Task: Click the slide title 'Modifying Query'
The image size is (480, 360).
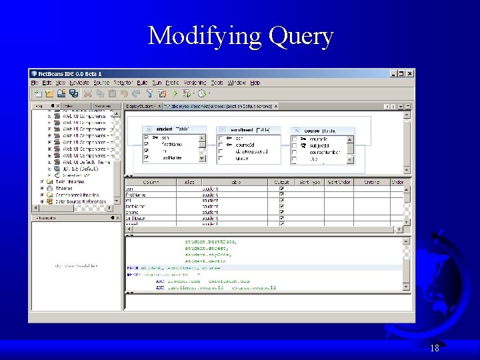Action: coord(240,35)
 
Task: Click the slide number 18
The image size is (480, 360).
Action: coord(435,348)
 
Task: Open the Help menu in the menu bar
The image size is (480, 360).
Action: coord(255,83)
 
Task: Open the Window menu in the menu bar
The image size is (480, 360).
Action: coord(237,83)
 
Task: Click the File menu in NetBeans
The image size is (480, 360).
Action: coord(35,83)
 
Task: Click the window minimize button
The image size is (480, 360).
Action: coord(393,73)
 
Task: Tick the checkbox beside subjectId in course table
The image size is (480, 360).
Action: coord(294,145)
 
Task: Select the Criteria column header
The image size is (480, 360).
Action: coord(371,182)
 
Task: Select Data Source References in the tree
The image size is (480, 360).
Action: coord(80,201)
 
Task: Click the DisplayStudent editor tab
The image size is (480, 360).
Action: coord(140,106)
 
